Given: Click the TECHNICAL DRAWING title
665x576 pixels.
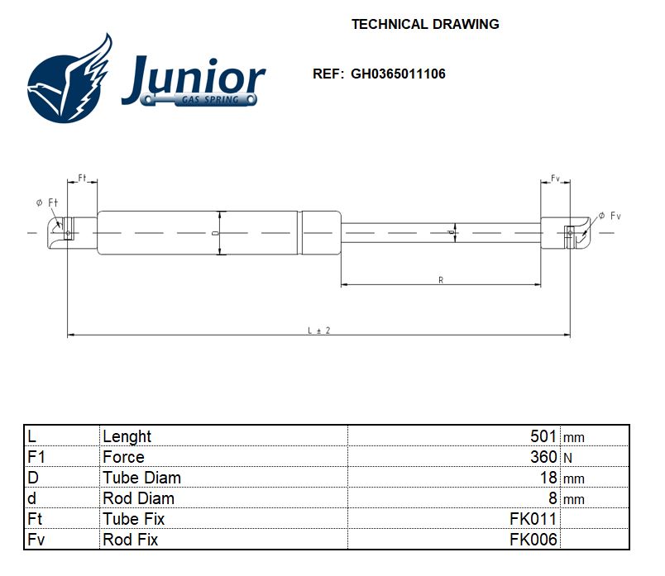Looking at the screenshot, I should click(425, 24).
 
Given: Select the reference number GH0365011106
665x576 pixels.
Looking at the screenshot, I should click(398, 74).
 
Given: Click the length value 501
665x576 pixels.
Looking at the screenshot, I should click(543, 436).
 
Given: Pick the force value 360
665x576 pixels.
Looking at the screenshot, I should click(543, 456).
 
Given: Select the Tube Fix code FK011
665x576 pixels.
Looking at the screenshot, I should click(533, 519).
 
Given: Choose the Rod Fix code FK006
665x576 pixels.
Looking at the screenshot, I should click(533, 540).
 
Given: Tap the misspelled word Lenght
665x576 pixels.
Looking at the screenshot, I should click(127, 436).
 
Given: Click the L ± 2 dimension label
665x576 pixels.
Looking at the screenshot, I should click(318, 330).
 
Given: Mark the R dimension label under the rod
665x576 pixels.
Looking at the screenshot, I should click(441, 280).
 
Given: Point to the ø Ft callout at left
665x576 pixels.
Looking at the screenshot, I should click(46, 202).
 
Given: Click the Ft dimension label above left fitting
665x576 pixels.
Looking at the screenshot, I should click(83, 178).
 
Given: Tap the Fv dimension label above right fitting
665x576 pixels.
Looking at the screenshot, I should click(556, 178).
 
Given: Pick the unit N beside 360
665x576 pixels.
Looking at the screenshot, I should click(567, 457).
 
